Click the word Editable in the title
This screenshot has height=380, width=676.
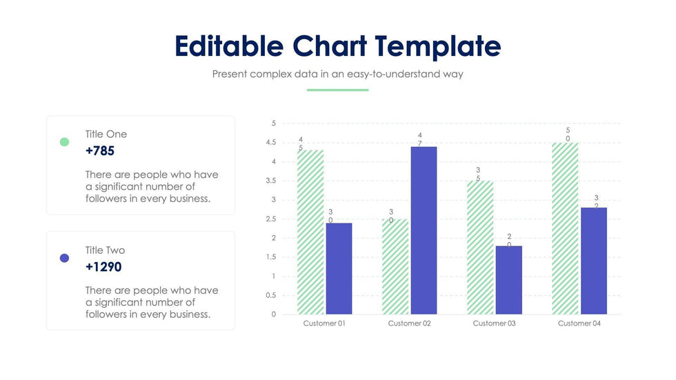pyautogui.click(x=228, y=46)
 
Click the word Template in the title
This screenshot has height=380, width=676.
pyautogui.click(x=438, y=46)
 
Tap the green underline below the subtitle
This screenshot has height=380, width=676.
pyautogui.click(x=337, y=90)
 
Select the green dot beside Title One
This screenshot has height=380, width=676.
pyautogui.click(x=64, y=142)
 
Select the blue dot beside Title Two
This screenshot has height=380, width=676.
pyautogui.click(x=64, y=258)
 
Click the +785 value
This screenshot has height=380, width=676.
pyautogui.click(x=100, y=150)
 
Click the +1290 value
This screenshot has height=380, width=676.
pyautogui.click(x=103, y=267)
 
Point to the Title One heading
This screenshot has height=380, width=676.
pyautogui.click(x=106, y=134)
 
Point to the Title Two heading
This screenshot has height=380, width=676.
pyautogui.click(x=106, y=250)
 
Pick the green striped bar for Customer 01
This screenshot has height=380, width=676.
pyautogui.click(x=310, y=232)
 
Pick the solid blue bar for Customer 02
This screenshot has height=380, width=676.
pyautogui.click(x=424, y=230)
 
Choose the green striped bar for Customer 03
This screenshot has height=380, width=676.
pyautogui.click(x=479, y=247)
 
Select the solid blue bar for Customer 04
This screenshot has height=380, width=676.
pyautogui.click(x=593, y=261)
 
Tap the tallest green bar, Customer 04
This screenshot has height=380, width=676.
pyautogui.click(x=565, y=228)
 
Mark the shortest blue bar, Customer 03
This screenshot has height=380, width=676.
pyautogui.click(x=508, y=280)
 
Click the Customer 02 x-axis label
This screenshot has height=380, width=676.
pyautogui.click(x=409, y=323)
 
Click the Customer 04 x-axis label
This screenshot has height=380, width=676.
pyautogui.click(x=579, y=323)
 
